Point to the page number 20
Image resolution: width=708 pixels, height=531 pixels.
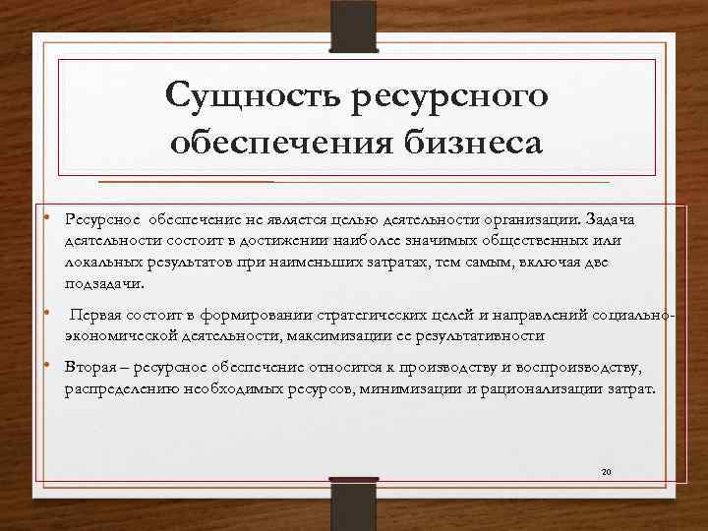point(607,473)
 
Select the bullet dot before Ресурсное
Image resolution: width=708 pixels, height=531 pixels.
point(46,214)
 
